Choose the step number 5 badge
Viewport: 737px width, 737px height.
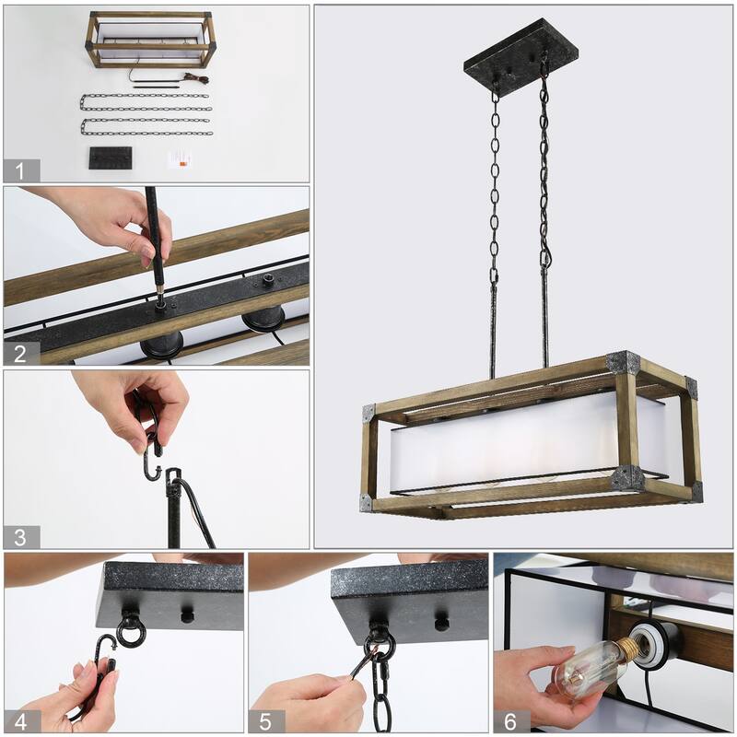click(267, 719)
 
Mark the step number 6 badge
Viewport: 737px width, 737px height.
click(511, 719)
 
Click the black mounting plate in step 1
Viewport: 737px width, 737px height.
click(111, 158)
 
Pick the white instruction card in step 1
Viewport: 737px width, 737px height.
click(181, 158)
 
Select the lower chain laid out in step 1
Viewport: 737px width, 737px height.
click(146, 126)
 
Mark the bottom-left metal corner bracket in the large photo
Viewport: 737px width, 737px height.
click(368, 502)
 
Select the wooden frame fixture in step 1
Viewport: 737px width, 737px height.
click(152, 39)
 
